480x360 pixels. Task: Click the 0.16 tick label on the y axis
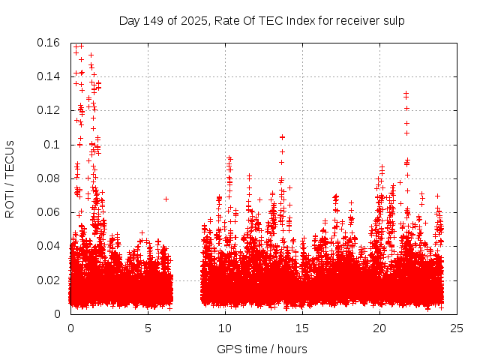pyautogui.click(x=49, y=43)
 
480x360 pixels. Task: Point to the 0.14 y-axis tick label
pyautogui.click(x=49, y=76)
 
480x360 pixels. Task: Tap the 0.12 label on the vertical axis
pyautogui.click(x=49, y=110)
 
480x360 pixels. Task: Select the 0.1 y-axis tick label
pyautogui.click(x=54, y=144)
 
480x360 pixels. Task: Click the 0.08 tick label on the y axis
pyautogui.click(x=49, y=178)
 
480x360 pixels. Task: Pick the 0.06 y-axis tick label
pyautogui.click(x=49, y=212)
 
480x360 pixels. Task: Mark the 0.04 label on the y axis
pyautogui.click(x=49, y=246)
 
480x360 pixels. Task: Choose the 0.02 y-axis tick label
pyautogui.click(x=49, y=280)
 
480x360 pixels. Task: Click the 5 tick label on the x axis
pyautogui.click(x=148, y=328)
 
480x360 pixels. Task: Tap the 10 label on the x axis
pyautogui.click(x=225, y=328)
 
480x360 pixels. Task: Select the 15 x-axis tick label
pyautogui.click(x=302, y=328)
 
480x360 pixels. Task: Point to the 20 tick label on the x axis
pyautogui.click(x=379, y=328)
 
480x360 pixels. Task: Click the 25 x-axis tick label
pyautogui.click(x=457, y=328)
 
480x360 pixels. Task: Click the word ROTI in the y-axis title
pyautogui.click(x=10, y=201)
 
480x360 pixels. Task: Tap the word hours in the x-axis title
pyautogui.click(x=292, y=349)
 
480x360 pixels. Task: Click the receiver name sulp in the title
pyautogui.click(x=394, y=20)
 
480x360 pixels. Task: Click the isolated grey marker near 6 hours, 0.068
pyautogui.click(x=166, y=199)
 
